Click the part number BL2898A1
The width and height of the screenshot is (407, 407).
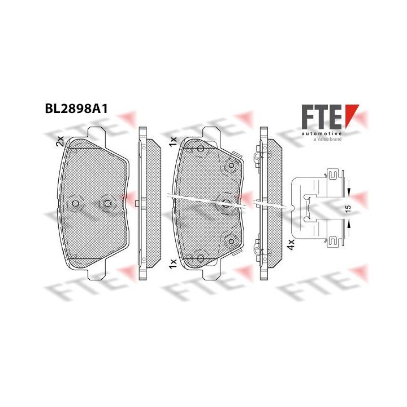click(76, 109)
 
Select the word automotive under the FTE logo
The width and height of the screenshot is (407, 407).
click(322, 133)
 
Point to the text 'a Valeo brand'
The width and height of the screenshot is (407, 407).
click(327, 139)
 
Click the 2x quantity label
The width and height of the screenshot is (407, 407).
click(60, 141)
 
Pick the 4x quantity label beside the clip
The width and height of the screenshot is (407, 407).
click(291, 245)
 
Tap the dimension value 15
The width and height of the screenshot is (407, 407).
click(348, 208)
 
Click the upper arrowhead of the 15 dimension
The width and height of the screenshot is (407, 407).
click(348, 192)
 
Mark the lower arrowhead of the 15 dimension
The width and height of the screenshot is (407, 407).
click(348, 223)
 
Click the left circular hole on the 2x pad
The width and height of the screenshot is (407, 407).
click(75, 203)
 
